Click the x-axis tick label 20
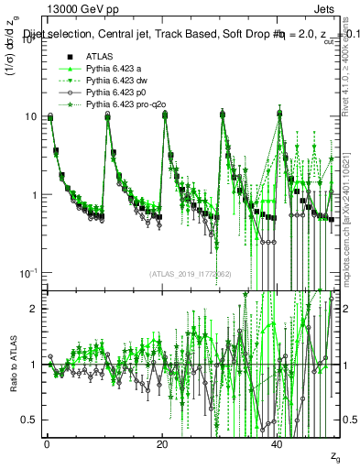tap(162, 446)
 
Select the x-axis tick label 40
tap(278, 446)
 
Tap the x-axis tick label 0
tap(47, 446)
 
